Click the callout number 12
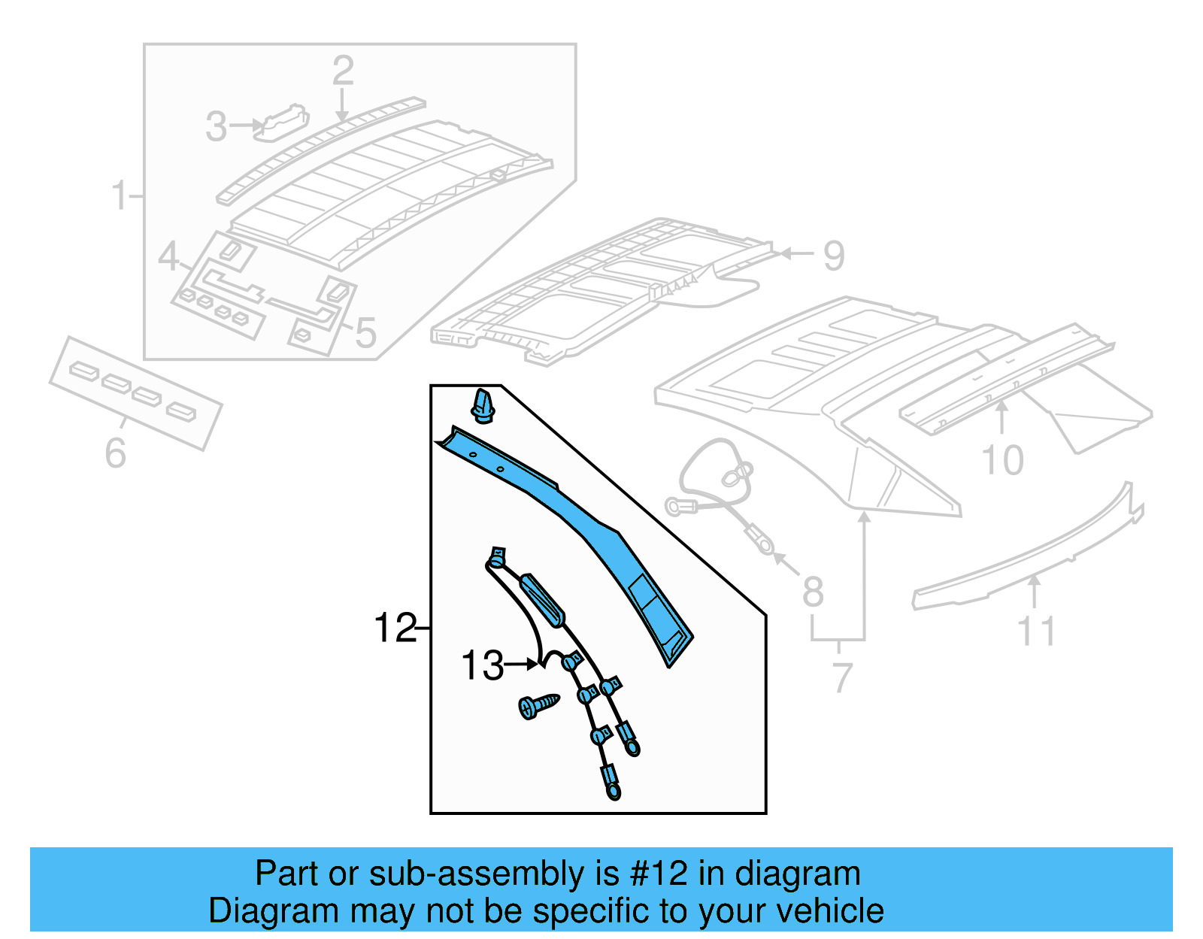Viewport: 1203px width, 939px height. click(394, 628)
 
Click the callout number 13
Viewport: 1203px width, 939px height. click(481, 666)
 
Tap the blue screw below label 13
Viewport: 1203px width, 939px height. click(538, 705)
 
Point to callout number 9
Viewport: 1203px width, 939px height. click(833, 256)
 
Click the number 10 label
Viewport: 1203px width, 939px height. click(1002, 460)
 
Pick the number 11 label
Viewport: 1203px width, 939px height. click(1036, 632)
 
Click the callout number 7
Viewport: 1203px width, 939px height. click(841, 677)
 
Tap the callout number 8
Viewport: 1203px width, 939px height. click(813, 592)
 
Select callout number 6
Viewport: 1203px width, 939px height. click(115, 453)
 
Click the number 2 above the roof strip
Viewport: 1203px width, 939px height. click(343, 71)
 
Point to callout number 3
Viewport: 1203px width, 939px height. click(216, 126)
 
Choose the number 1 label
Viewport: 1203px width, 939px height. click(119, 195)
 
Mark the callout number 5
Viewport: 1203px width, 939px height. click(365, 333)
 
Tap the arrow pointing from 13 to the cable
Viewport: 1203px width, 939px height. click(522, 664)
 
